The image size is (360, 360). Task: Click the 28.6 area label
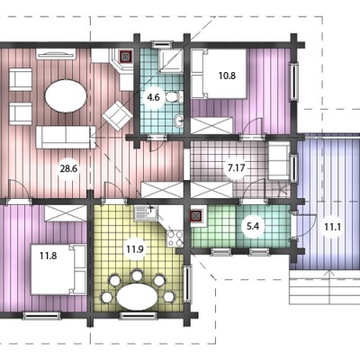68,168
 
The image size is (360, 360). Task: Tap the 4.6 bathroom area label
154,97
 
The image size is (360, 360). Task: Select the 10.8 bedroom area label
227,76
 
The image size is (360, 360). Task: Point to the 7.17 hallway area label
237,168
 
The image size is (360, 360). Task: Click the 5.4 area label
253,226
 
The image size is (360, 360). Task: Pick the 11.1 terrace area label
333,227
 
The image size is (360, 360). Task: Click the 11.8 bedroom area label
49,256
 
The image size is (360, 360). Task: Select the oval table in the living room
66,96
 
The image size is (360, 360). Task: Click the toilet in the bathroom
174,97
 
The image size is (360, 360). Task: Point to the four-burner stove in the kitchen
175,238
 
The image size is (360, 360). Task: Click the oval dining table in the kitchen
137,295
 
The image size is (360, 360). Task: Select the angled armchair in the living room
117,115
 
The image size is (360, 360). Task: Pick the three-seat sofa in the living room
66,138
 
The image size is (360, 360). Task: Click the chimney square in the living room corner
126,56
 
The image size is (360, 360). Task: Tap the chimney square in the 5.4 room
196,216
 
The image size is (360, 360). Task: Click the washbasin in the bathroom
178,121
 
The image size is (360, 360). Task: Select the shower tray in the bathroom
171,61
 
